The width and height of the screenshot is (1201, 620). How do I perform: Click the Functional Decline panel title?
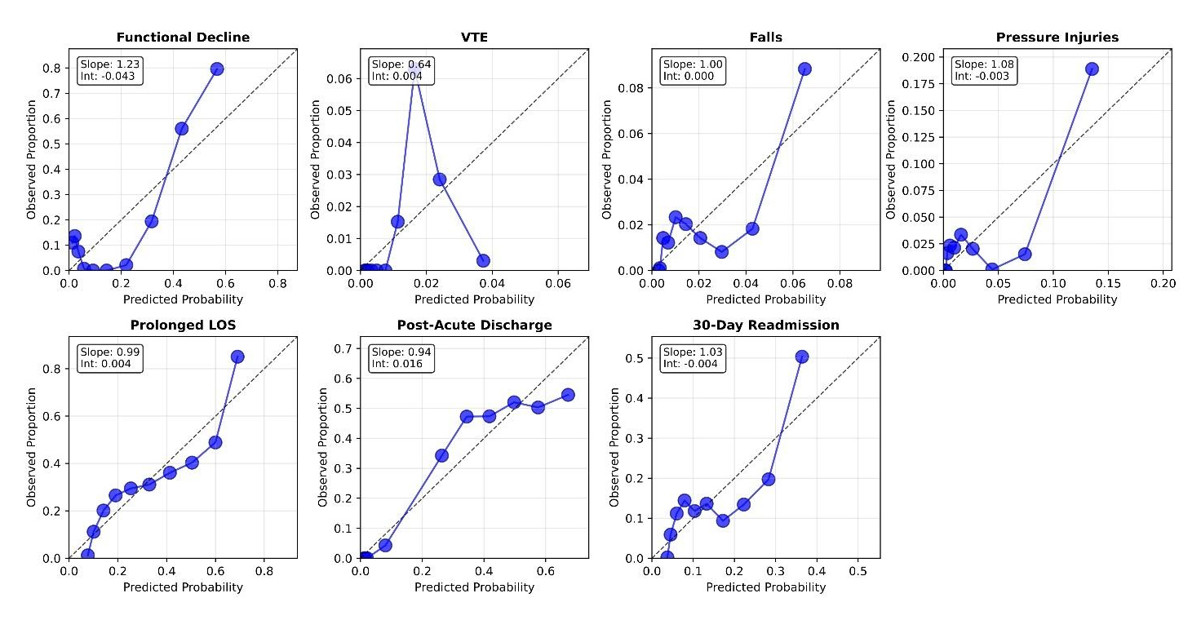(x=183, y=38)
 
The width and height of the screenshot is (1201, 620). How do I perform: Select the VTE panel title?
(x=474, y=38)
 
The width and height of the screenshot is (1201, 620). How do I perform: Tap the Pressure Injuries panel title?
(x=1057, y=38)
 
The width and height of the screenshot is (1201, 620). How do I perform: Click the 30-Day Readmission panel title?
(x=765, y=325)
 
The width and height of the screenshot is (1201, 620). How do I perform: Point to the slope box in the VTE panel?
(x=401, y=70)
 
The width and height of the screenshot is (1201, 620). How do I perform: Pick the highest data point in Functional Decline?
(x=217, y=69)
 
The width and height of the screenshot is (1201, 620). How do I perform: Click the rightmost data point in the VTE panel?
(x=483, y=261)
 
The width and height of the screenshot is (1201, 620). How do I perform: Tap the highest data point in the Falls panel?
(x=804, y=69)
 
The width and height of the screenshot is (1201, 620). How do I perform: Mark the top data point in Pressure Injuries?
(x=1092, y=69)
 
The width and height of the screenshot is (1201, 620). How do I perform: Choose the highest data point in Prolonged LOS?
(x=237, y=356)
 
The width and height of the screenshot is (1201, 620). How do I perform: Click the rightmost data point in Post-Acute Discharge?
(x=568, y=395)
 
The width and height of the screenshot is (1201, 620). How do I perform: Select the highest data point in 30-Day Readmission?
(x=802, y=356)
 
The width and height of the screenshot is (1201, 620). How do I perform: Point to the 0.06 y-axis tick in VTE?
(x=347, y=78)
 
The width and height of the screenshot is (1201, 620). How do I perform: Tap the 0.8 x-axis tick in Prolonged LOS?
(x=264, y=572)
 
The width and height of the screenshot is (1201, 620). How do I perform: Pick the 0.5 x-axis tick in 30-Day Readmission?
(x=858, y=572)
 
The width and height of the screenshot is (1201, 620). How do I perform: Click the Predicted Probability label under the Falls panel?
(x=765, y=299)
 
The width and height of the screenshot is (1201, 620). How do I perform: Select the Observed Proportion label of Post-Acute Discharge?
(x=324, y=447)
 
